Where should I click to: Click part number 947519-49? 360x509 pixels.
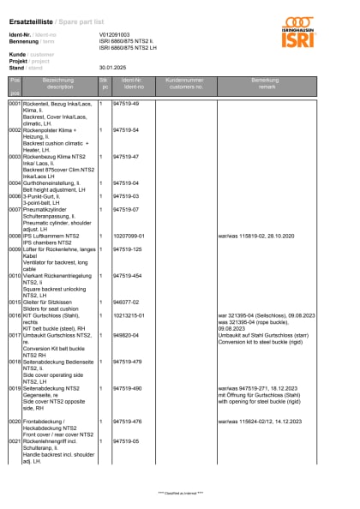click(x=126, y=104)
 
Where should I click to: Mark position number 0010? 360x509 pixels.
click(x=15, y=276)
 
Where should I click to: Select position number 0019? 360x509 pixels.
click(x=15, y=387)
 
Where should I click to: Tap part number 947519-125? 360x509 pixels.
click(x=128, y=249)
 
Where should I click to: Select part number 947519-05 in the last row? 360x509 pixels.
click(x=126, y=440)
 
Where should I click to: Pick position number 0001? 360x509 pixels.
click(x=15, y=104)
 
